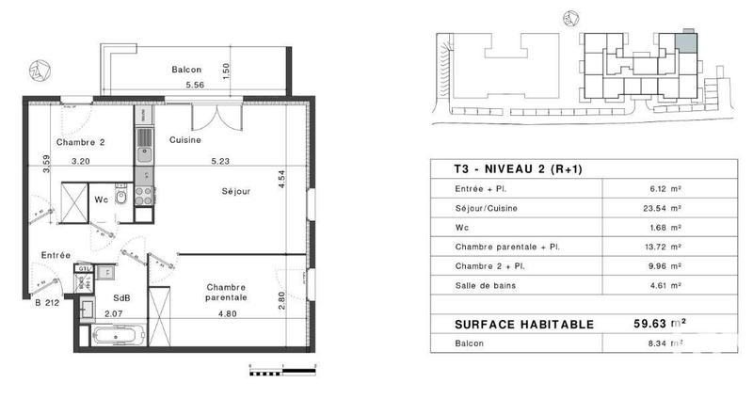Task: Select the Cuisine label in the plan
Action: coord(185,139)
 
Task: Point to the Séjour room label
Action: coord(236,191)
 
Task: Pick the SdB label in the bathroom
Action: coord(120,297)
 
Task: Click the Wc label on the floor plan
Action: coord(102,199)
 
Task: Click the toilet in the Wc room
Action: coord(133,197)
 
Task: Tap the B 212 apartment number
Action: coord(49,303)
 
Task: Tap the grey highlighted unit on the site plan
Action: coord(688,40)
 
